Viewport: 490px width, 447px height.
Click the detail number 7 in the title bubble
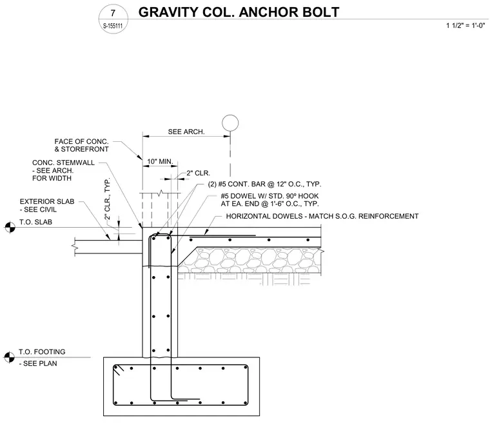[113, 13]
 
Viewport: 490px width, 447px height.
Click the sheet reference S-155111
[113, 26]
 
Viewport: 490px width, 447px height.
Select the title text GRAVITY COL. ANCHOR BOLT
[239, 12]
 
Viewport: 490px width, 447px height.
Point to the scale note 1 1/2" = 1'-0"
[465, 26]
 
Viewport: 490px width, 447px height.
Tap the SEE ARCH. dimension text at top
[186, 132]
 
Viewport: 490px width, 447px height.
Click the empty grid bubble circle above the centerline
[230, 123]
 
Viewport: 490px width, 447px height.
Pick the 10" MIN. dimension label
[160, 162]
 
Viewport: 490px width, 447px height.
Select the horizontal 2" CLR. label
[199, 173]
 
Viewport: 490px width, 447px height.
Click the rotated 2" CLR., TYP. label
[107, 199]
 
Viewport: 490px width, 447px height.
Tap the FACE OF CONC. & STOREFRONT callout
[82, 145]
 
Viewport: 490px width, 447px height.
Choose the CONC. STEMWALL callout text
[63, 170]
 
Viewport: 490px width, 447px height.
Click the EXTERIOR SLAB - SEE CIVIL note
[47, 205]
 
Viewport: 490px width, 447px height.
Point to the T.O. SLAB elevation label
[35, 223]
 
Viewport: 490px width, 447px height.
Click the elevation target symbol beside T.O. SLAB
[10, 227]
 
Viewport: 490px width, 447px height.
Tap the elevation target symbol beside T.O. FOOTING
[9, 357]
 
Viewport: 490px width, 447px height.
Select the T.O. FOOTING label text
[42, 352]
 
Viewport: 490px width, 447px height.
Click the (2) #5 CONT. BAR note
[264, 184]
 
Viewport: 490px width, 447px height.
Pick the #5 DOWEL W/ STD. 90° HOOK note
[269, 200]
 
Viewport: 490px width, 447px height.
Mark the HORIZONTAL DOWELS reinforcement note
[322, 216]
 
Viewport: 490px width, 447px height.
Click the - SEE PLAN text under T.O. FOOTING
[38, 364]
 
